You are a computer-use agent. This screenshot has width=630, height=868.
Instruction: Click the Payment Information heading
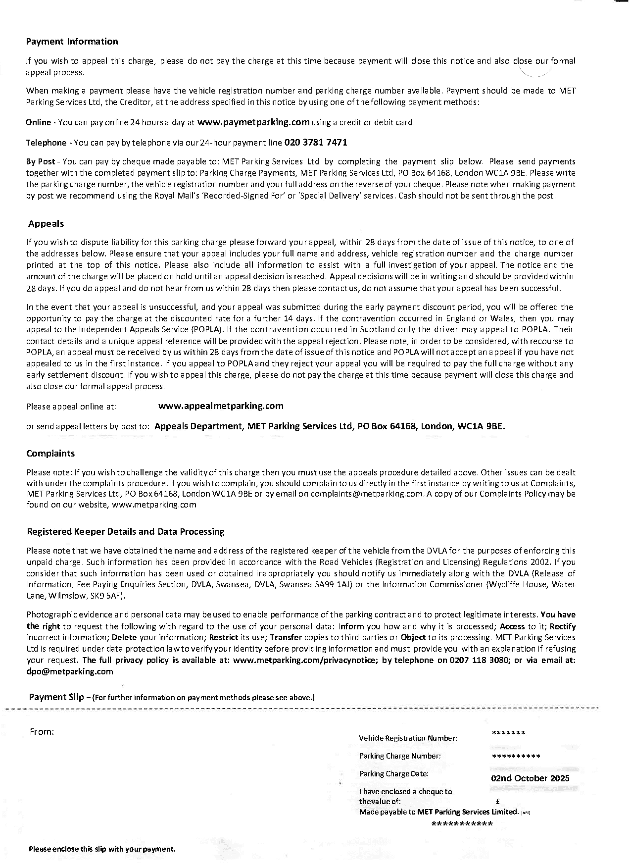(72, 42)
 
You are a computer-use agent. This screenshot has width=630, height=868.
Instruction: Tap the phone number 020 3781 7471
(315, 143)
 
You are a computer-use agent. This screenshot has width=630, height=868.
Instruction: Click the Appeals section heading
(46, 224)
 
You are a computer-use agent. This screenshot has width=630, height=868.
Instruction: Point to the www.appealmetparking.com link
(221, 406)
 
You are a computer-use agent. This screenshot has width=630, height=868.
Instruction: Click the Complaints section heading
(50, 454)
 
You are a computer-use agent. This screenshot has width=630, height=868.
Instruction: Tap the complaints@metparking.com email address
(367, 494)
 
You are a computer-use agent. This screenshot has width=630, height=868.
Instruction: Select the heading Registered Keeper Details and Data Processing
(125, 532)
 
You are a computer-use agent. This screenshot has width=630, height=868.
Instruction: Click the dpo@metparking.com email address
(70, 671)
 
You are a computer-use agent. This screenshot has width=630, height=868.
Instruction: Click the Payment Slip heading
(56, 697)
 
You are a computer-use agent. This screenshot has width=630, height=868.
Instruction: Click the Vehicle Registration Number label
(408, 738)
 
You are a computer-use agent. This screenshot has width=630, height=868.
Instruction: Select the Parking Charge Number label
(400, 756)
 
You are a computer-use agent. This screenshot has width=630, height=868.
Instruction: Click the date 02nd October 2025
(530, 778)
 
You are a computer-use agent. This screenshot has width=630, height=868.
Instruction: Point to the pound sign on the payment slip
(497, 801)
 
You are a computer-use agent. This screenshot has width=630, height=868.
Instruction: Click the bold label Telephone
(46, 143)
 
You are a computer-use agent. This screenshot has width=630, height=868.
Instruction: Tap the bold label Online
(38, 122)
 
